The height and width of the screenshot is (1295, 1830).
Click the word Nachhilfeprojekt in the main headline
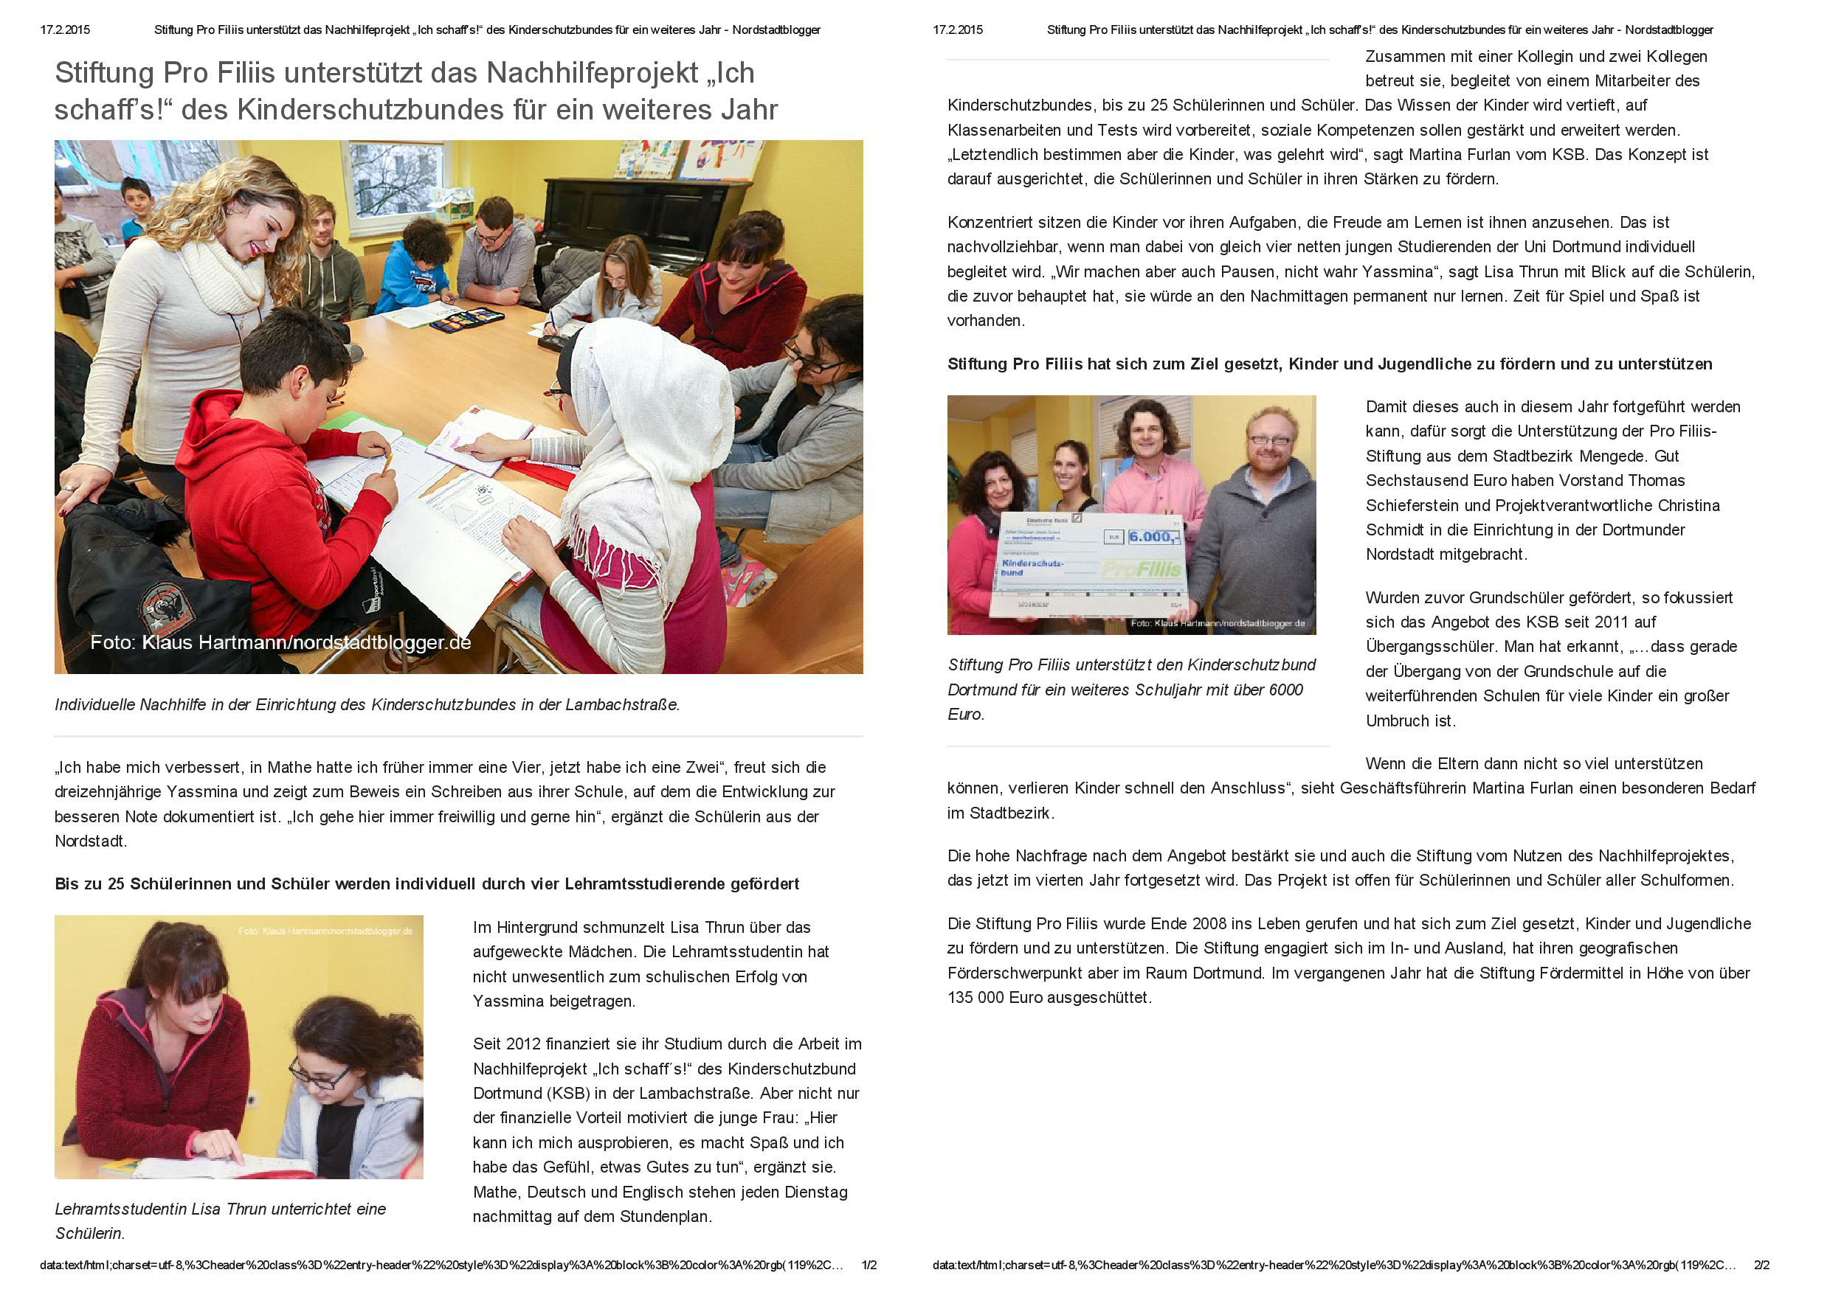coord(592,73)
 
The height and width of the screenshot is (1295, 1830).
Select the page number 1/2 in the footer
coord(869,1266)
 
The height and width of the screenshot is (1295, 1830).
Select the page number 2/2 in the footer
coord(1761,1266)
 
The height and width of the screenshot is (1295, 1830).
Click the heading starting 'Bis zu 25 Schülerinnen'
coord(427,883)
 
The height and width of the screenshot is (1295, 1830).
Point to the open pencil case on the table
coord(466,319)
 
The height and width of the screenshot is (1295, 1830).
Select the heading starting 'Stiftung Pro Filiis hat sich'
coord(1329,364)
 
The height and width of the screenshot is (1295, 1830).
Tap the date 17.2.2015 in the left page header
coord(66,30)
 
